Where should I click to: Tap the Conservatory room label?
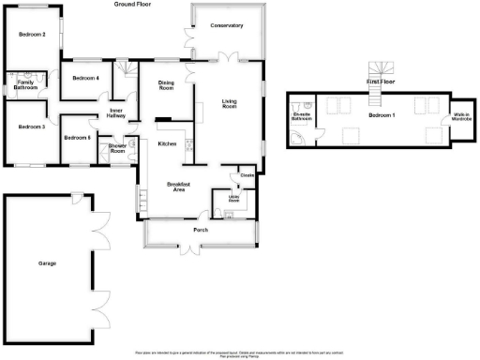coord(226,25)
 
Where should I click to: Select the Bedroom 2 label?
coord(32,35)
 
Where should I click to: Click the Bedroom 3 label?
coord(32,127)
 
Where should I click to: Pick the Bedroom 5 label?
coord(77,138)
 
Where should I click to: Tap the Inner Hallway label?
coord(117,112)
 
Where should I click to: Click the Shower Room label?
coord(118,147)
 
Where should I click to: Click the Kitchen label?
coord(168,143)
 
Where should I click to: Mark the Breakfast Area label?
coord(180,187)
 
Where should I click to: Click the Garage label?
coord(47,263)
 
